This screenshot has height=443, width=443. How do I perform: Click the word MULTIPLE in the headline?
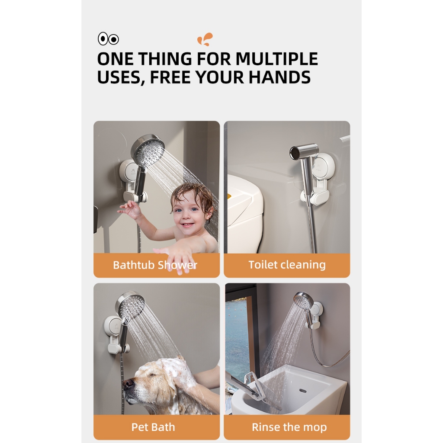click(x=276, y=59)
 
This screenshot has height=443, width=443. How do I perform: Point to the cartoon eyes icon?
click(x=108, y=39)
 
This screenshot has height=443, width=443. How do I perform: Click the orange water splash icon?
click(x=205, y=39)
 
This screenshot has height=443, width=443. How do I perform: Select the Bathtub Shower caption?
click(x=155, y=265)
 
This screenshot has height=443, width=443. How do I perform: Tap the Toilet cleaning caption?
click(x=287, y=265)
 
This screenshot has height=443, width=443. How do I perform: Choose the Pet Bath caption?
click(x=153, y=427)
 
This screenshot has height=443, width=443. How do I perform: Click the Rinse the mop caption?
click(x=289, y=427)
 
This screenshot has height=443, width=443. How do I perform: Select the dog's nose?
click(x=128, y=383)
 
